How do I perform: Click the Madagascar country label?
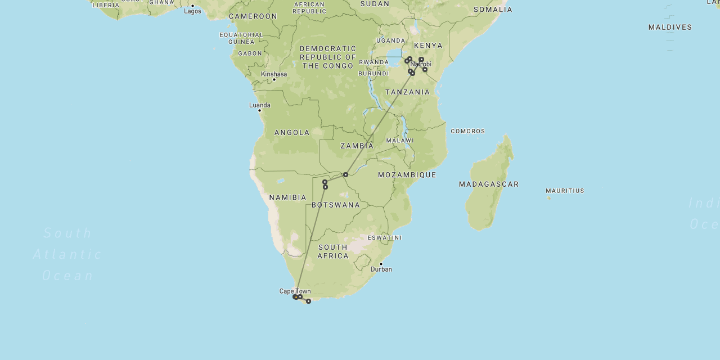[488, 184]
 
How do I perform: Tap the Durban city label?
[381, 269]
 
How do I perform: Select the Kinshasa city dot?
[274, 79]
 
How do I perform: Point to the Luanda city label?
[260, 105]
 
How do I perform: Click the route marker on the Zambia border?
[345, 174]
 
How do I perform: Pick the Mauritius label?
[565, 191]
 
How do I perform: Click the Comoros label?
[467, 131]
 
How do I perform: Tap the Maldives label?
[670, 27]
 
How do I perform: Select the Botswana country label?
[336, 205]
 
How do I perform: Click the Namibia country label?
[287, 197]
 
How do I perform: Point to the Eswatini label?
[385, 238]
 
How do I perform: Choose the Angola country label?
[292, 133]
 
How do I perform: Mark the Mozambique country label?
[407, 175]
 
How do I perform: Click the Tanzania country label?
[407, 92]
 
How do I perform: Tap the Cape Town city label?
[295, 291]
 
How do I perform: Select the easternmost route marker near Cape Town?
[308, 301]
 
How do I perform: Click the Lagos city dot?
[192, 6]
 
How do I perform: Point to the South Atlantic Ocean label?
[67, 254]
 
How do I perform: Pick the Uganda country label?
[390, 40]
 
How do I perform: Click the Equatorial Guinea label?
[241, 38]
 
